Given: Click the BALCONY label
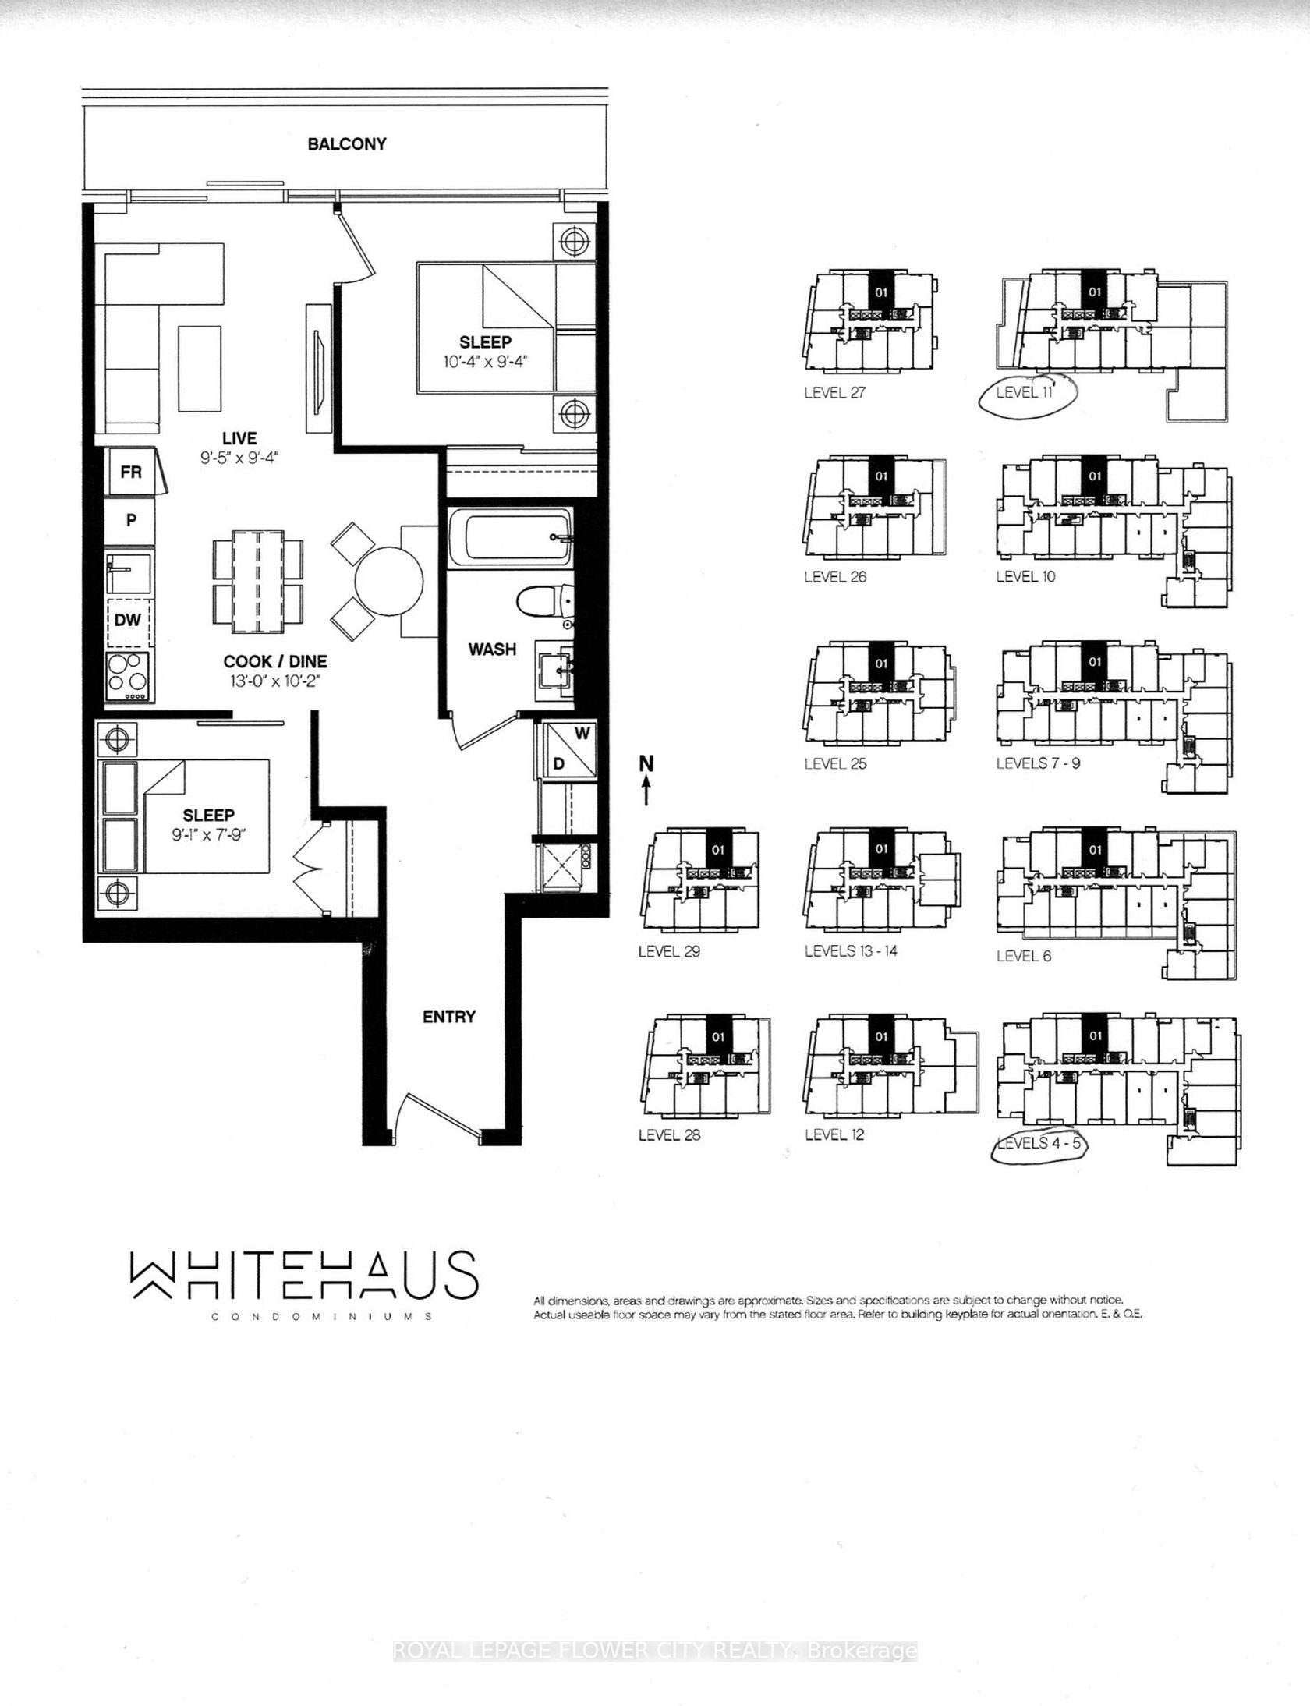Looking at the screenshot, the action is (347, 144).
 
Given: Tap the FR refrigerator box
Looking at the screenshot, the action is (131, 472).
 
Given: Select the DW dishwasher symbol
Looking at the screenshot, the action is (128, 621).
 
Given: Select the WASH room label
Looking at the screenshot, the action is (492, 649).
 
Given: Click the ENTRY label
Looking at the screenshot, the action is (449, 1017).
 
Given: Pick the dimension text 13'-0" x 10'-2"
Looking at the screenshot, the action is (275, 681).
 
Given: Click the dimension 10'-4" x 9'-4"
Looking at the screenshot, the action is (485, 362).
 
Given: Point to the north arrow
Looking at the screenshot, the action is (646, 780).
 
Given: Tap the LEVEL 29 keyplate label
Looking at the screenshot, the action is (669, 952).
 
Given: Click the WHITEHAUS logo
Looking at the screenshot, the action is (303, 1276).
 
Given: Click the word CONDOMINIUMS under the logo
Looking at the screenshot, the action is (322, 1316).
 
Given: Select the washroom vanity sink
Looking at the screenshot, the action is (556, 668).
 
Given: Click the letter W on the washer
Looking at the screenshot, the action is (582, 734).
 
